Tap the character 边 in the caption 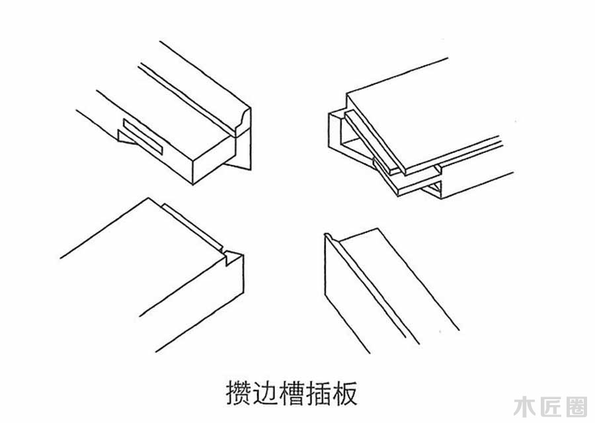[x=268, y=393]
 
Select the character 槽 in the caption [x=298, y=393]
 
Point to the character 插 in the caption [x=328, y=393]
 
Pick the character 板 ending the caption [x=356, y=393]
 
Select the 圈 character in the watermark [x=575, y=405]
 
